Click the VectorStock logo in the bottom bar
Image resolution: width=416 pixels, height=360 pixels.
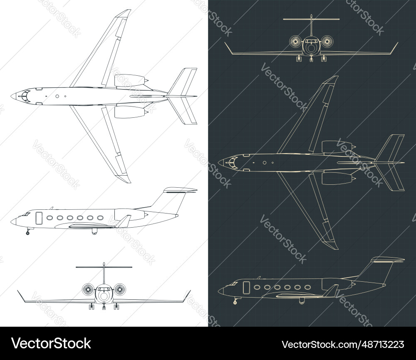pos(51,343)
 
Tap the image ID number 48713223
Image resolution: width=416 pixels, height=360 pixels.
pos(343,344)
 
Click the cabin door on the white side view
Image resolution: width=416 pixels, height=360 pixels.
pos(39,218)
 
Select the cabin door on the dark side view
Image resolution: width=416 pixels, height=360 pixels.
pos(246,287)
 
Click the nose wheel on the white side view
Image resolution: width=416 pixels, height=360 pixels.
pos(28,233)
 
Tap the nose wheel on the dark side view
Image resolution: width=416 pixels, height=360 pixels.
pos(235,302)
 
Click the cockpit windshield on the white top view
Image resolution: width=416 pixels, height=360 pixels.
pos(25,96)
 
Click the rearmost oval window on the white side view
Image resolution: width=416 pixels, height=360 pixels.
pos(100,218)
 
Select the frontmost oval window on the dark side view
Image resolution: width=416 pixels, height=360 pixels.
pos(257,287)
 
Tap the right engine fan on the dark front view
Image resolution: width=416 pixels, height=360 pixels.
pos(327,42)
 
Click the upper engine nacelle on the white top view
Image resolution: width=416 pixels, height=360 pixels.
pos(129,80)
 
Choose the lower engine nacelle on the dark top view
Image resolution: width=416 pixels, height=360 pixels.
pos(337,178)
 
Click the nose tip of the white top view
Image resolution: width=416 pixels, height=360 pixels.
pos(12,96)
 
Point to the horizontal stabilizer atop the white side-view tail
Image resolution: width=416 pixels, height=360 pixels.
pos(180,190)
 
